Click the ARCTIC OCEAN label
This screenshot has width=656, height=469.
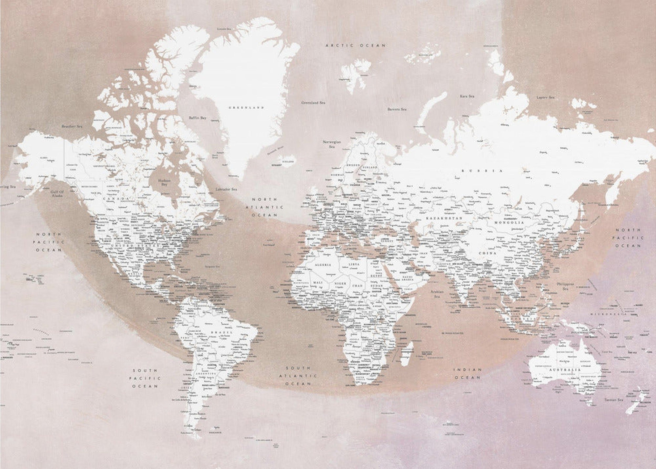pyautogui.click(x=356, y=45)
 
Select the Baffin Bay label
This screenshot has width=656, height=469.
pyautogui.click(x=197, y=118)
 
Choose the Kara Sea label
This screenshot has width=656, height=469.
pyautogui.click(x=467, y=96)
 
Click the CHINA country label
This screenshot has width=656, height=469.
pyautogui.click(x=487, y=253)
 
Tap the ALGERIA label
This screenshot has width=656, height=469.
pyautogui.click(x=323, y=265)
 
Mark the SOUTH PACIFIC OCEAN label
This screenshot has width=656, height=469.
pyautogui.click(x=145, y=378)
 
